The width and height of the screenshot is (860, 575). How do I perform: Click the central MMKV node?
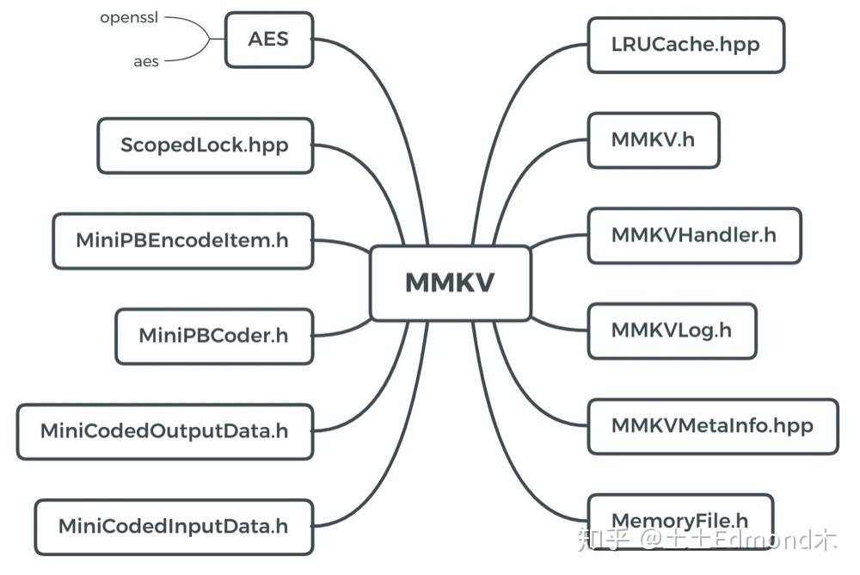(x=450, y=283)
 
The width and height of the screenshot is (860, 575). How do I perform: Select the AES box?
(x=269, y=40)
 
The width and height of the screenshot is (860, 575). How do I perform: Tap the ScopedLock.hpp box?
(x=205, y=145)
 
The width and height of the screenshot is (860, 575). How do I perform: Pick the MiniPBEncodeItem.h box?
(x=182, y=241)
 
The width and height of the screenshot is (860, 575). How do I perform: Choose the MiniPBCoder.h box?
(x=213, y=336)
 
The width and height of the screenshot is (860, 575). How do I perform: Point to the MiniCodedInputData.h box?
(x=173, y=526)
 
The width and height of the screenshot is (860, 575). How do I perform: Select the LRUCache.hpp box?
(x=685, y=45)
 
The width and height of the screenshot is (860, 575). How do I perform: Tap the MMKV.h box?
(x=653, y=139)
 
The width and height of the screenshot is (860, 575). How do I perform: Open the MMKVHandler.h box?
(x=694, y=235)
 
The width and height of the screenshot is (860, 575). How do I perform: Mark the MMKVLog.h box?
(x=672, y=331)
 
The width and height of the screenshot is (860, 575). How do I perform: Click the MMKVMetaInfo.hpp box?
(x=712, y=426)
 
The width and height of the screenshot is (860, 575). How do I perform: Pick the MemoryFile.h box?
(x=679, y=520)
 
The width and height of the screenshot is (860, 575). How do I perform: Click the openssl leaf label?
(x=130, y=16)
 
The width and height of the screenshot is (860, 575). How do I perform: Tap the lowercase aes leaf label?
(x=146, y=62)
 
